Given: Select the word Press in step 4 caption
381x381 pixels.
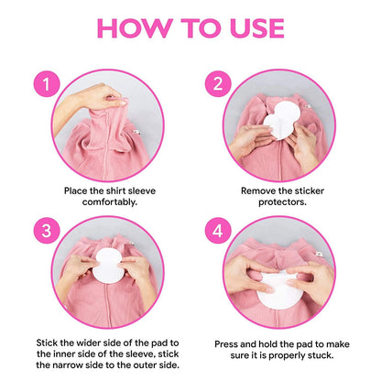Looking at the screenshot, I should click(231, 343).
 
